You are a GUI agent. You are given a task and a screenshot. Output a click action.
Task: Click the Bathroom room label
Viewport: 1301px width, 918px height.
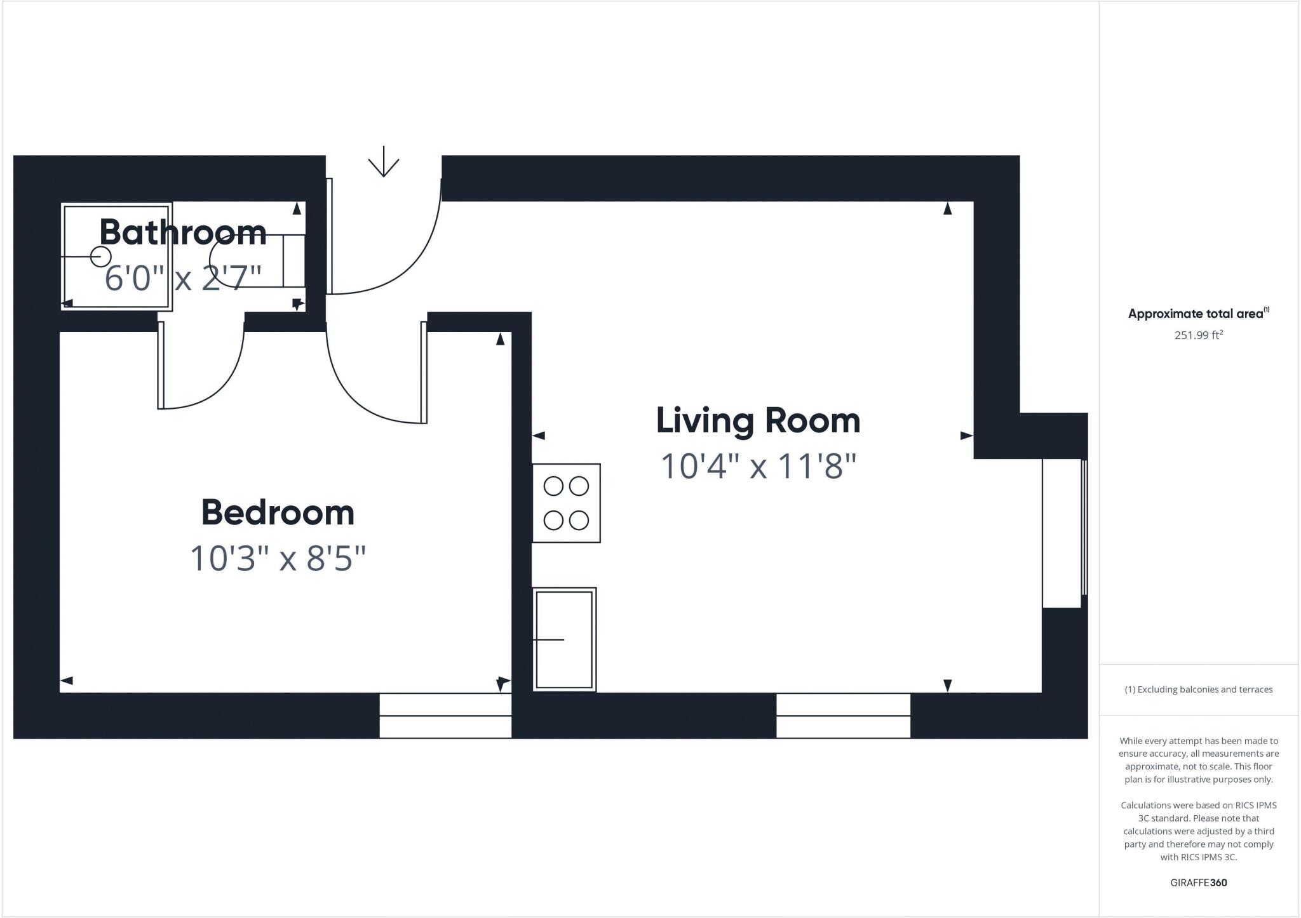coord(183,232)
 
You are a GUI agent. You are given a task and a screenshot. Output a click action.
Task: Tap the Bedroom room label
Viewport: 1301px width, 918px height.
coord(278,512)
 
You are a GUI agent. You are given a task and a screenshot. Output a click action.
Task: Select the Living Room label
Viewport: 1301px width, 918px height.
coord(758,421)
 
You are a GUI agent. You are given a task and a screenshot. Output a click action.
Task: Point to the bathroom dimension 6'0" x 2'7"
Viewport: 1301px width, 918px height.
coord(183,278)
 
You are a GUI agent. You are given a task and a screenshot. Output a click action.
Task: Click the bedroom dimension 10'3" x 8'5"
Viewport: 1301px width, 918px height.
coord(278,559)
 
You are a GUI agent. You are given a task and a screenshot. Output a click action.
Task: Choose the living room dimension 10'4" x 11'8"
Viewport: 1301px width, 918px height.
coord(758,467)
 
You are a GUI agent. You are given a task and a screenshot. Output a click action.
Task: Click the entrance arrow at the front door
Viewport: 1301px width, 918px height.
coord(384,163)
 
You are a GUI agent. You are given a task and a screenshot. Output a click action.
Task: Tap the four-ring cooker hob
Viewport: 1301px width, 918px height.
coord(566,503)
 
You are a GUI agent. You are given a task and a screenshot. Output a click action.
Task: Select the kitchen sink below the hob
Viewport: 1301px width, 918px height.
coord(564,639)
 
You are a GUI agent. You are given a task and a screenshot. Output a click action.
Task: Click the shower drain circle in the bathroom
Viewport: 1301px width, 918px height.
coord(100,256)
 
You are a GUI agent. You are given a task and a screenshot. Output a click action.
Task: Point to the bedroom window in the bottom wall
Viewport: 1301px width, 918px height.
coord(445,715)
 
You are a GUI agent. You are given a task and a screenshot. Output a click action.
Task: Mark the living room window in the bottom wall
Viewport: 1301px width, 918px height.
coord(843,715)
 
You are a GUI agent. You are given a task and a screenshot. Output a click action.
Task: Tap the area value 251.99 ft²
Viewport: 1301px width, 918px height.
coord(1199,335)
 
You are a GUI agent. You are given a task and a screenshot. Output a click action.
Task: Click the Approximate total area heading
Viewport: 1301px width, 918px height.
coord(1198,314)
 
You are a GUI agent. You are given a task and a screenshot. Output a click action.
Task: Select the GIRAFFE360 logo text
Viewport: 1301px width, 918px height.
coord(1198,882)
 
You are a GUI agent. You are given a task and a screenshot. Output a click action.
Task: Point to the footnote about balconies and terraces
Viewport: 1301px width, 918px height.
coord(1199,689)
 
